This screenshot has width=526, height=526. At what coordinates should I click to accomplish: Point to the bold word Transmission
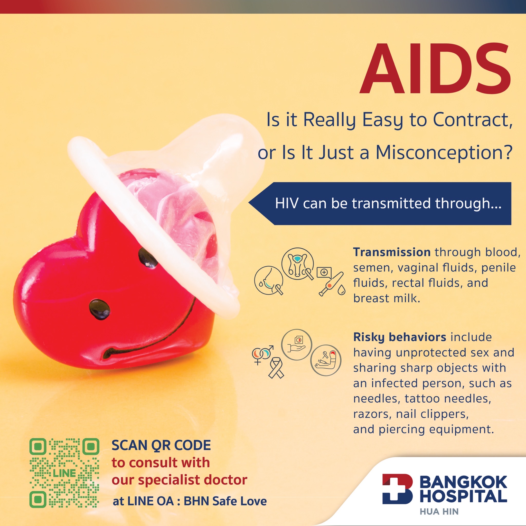click(x=392, y=252)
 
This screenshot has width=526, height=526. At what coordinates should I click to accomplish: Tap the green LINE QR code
click(x=64, y=473)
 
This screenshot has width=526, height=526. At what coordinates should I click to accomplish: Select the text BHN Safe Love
click(x=226, y=501)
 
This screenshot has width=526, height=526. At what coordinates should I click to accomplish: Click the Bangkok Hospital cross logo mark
click(x=398, y=489)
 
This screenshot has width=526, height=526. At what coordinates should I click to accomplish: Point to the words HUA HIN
click(x=439, y=512)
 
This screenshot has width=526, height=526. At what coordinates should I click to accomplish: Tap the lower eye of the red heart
click(x=100, y=309)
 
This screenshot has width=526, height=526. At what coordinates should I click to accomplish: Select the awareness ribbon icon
click(x=276, y=368)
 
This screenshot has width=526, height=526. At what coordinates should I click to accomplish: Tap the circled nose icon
click(x=269, y=280)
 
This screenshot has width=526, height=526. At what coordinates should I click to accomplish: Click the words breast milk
click(x=387, y=298)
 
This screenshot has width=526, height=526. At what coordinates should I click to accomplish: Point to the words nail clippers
click(x=432, y=414)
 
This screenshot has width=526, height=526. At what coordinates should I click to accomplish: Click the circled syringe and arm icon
click(x=326, y=360)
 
